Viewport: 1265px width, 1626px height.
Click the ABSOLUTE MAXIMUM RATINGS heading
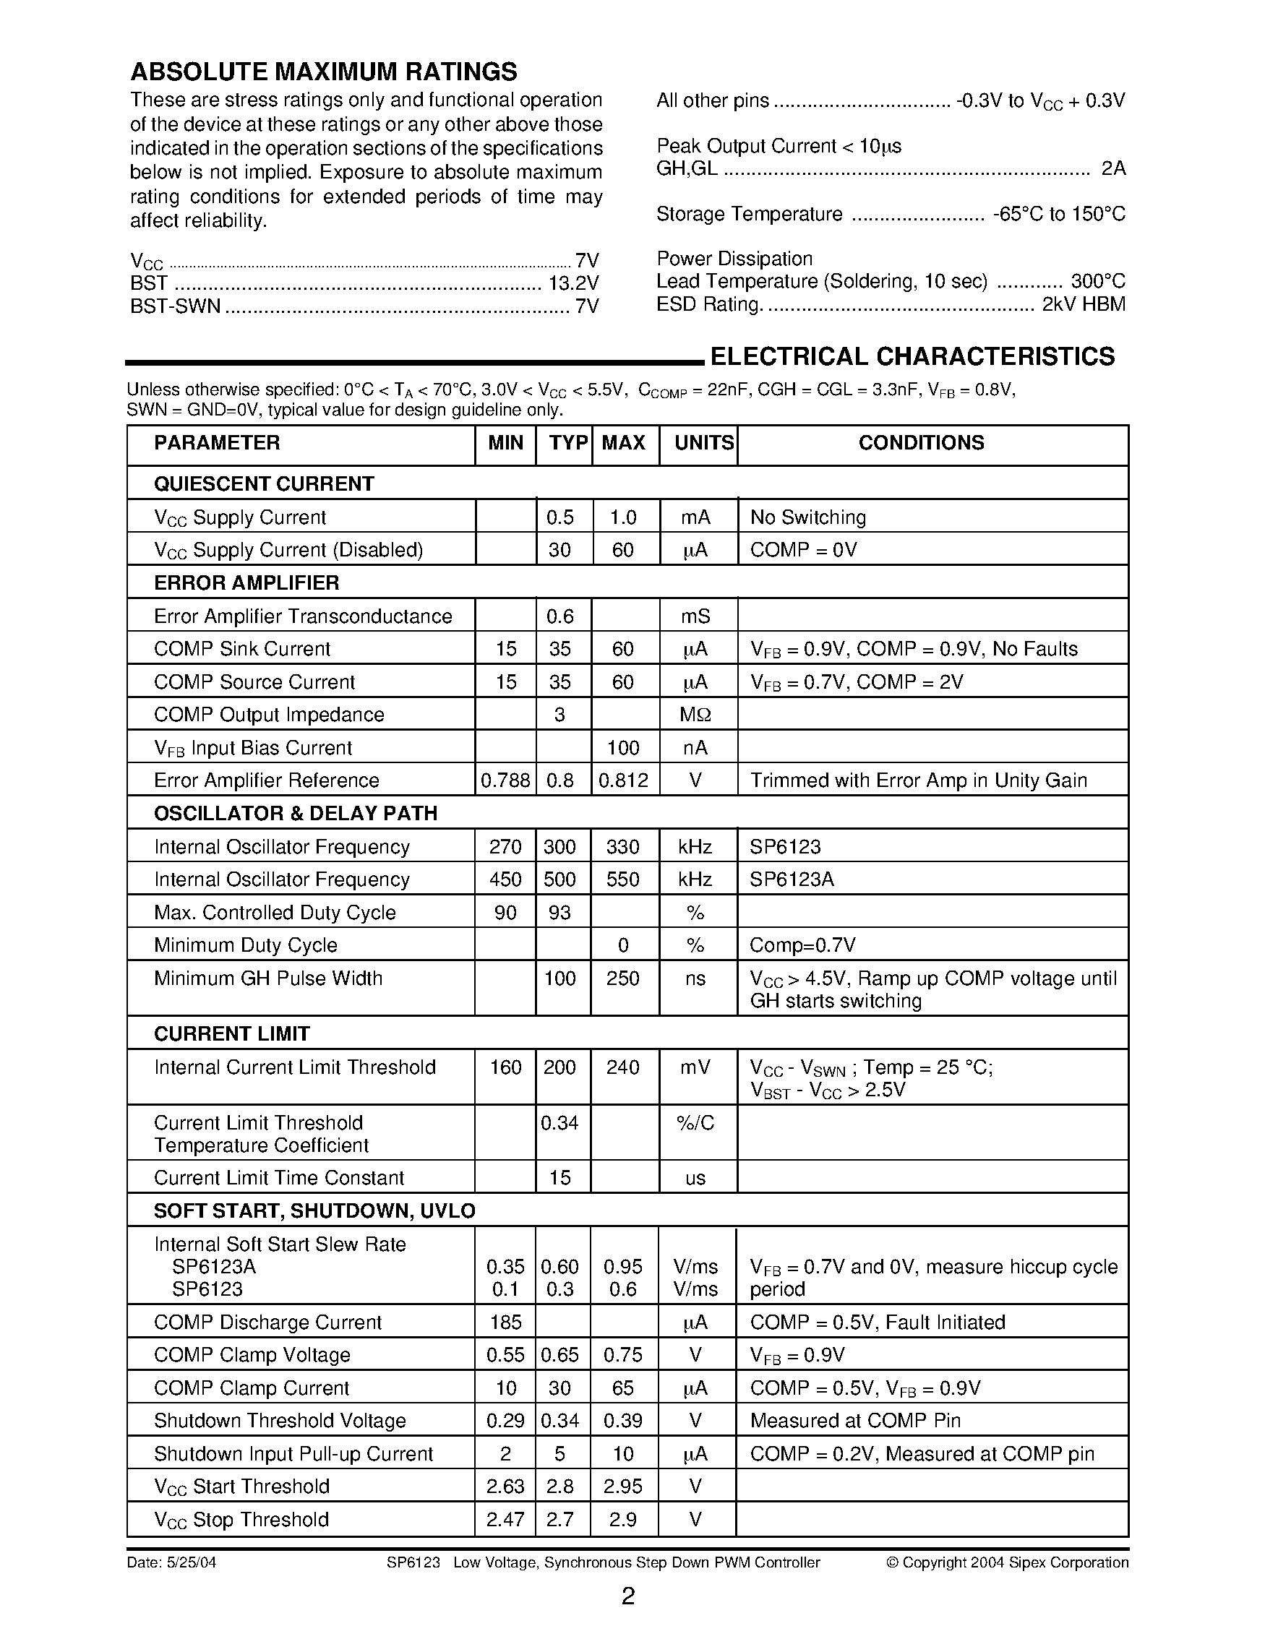coord(323,72)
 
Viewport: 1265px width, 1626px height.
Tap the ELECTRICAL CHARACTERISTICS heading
coord(912,356)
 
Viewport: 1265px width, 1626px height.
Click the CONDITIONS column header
coord(921,443)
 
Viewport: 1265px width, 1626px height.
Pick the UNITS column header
coord(703,443)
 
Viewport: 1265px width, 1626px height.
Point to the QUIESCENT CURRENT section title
coord(264,484)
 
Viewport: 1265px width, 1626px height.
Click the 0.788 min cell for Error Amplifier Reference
coord(505,780)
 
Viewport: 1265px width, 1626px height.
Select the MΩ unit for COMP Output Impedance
coord(695,715)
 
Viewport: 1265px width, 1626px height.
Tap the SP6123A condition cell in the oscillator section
coord(792,879)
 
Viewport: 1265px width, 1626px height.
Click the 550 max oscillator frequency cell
coord(622,879)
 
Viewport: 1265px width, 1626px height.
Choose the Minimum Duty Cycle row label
coord(246,945)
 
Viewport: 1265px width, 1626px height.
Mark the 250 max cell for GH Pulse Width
coord(622,978)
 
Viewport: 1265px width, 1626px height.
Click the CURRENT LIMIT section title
coord(231,1033)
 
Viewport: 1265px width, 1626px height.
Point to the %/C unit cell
coord(695,1123)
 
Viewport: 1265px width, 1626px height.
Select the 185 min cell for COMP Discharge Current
coord(505,1322)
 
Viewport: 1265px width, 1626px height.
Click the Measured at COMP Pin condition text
coord(854,1421)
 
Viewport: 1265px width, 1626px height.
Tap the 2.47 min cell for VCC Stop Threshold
coord(505,1520)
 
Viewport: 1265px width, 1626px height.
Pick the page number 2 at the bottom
coord(627,1596)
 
